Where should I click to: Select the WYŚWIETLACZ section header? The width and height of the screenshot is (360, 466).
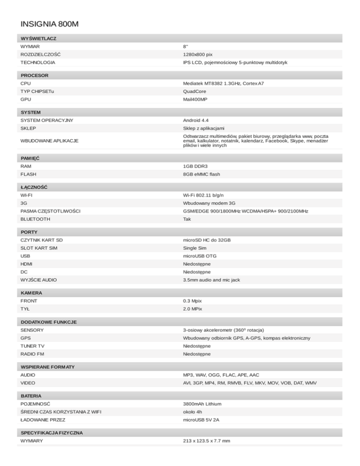39,38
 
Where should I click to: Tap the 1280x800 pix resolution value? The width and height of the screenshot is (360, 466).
198,54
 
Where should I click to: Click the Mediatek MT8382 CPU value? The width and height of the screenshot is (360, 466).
223,83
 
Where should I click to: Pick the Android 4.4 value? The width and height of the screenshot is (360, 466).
196,120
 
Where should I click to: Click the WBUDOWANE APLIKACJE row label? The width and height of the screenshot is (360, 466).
49,141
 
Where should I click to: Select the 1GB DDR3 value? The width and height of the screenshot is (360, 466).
196,166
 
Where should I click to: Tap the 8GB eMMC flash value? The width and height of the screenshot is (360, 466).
202,174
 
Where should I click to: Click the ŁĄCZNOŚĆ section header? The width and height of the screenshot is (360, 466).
34,187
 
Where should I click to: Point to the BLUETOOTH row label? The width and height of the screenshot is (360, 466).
35,219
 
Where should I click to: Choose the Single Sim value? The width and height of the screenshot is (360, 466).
196,248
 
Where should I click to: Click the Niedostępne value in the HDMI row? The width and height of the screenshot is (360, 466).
197,264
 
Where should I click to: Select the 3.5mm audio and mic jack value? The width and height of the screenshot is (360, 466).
211,280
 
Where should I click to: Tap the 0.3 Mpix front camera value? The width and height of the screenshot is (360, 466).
193,301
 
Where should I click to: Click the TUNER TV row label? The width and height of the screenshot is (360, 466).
33,346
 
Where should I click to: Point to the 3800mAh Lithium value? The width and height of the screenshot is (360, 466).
202,404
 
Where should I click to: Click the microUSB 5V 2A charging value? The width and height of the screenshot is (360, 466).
201,420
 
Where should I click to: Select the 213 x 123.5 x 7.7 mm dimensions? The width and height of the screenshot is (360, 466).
207,441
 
